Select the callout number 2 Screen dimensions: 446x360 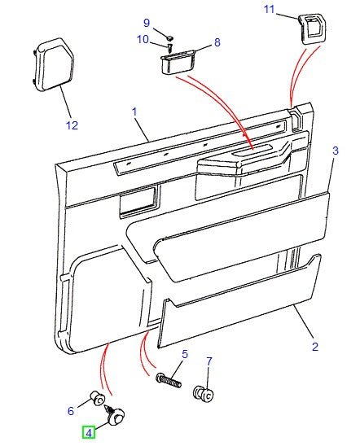[314, 346]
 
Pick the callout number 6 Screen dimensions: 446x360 [71, 411]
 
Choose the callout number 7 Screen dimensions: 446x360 [209, 361]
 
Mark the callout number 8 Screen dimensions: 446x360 [217, 42]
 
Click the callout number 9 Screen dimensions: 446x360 [147, 22]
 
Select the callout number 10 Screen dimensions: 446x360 [142, 39]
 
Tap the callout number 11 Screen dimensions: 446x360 [270, 9]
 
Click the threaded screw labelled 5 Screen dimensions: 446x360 [166, 378]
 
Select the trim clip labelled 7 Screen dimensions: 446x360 [203, 396]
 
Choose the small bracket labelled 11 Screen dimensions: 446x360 [314, 28]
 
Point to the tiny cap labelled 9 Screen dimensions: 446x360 [168, 37]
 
